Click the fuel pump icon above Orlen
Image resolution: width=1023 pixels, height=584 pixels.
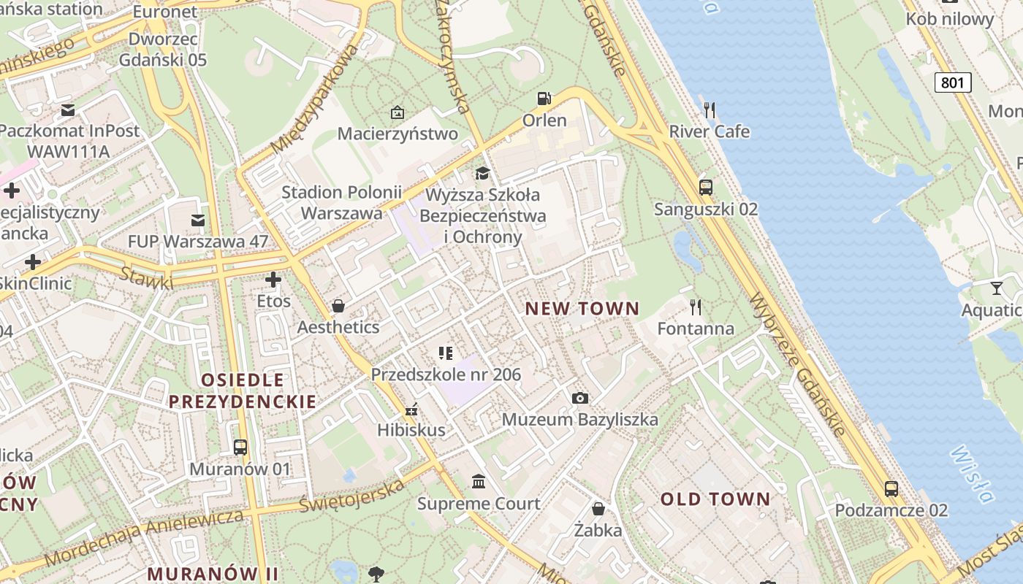(544, 98)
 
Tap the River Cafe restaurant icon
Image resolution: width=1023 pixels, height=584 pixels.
(710, 110)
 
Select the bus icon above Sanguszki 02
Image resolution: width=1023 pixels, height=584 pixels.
(705, 187)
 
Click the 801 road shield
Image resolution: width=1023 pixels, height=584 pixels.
(953, 82)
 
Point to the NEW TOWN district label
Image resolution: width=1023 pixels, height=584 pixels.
(582, 308)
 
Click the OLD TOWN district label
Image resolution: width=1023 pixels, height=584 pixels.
(715, 499)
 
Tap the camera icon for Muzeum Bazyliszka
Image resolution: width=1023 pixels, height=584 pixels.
(579, 398)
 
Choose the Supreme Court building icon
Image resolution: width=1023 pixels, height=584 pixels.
(479, 482)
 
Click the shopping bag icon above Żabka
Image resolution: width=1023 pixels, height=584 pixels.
(598, 509)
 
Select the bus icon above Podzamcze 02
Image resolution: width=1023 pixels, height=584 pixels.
(891, 489)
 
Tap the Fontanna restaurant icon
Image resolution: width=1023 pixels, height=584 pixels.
(696, 307)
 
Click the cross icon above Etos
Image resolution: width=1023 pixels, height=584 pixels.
(273, 280)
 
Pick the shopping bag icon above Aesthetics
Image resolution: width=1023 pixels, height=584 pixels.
(338, 305)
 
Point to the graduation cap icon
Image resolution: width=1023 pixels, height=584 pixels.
(482, 173)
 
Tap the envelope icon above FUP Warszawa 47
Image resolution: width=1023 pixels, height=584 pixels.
(197, 220)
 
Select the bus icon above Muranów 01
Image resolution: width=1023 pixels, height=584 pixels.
(240, 447)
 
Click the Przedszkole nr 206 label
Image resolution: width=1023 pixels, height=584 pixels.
(446, 375)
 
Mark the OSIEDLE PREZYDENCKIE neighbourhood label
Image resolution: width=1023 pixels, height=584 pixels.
(243, 391)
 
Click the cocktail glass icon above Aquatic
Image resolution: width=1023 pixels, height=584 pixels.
(997, 288)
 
